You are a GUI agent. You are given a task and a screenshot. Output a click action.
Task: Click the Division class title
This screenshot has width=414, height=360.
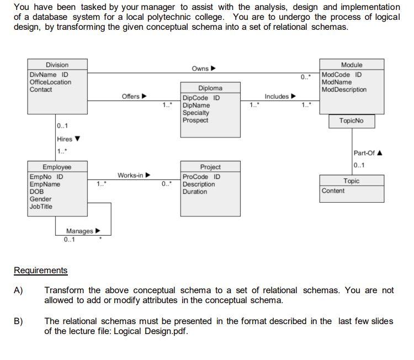coord(57,65)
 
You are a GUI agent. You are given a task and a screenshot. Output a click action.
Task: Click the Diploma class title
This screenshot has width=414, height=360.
coord(210,88)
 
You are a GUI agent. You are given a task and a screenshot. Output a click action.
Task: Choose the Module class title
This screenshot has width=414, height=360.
coord(352,65)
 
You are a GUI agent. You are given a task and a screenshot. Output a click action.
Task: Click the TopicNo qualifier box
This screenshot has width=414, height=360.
coord(352,120)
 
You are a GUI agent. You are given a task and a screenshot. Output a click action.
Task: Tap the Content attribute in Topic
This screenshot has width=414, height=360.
coord(333,191)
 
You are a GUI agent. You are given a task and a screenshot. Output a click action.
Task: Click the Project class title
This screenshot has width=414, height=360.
coord(210,167)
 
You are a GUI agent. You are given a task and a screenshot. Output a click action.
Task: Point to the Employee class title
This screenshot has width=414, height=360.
coord(57,167)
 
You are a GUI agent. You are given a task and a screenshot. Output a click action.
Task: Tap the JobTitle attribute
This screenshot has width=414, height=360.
coord(41,207)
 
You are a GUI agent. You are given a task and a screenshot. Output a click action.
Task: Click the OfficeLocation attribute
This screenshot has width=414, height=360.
coord(50,82)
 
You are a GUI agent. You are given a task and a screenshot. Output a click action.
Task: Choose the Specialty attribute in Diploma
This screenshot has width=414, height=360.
coord(196,113)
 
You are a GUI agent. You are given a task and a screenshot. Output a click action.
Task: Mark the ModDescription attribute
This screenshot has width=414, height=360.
coord(343,90)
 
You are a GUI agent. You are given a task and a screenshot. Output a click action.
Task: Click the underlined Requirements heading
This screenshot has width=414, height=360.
coord(40,271)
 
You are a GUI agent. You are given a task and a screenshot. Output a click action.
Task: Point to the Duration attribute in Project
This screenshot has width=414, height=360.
coord(195,192)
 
